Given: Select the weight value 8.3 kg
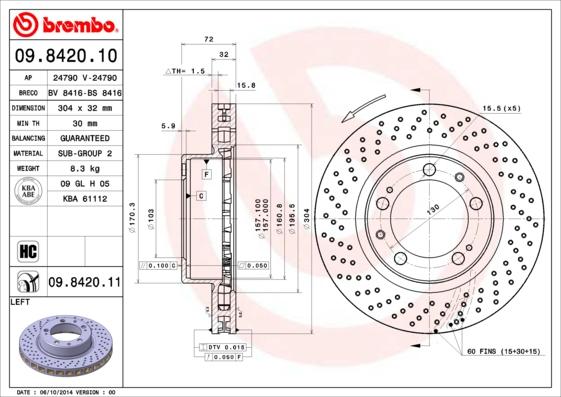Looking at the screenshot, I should pyautogui.click(x=78, y=170).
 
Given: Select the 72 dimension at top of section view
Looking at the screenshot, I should pyautogui.click(x=208, y=38).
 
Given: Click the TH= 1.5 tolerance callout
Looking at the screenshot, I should pyautogui.click(x=186, y=72).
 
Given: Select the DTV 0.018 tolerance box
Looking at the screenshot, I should pyautogui.click(x=226, y=345).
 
